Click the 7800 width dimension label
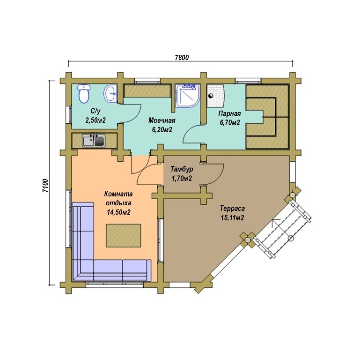[182, 57]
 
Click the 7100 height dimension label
[45, 186]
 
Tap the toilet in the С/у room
[84, 94]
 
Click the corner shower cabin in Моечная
[187, 96]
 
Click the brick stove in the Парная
[216, 96]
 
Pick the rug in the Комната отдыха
[123, 235]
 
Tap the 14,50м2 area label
[118, 212]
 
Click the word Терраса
[232, 209]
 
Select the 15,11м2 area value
[232, 217]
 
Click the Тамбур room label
[182, 169]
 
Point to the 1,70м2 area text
[182, 178]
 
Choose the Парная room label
[229, 113]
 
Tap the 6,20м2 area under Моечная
[162, 130]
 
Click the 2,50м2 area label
[96, 120]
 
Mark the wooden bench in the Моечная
[147, 91]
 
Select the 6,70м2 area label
[230, 122]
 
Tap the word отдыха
[118, 203]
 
